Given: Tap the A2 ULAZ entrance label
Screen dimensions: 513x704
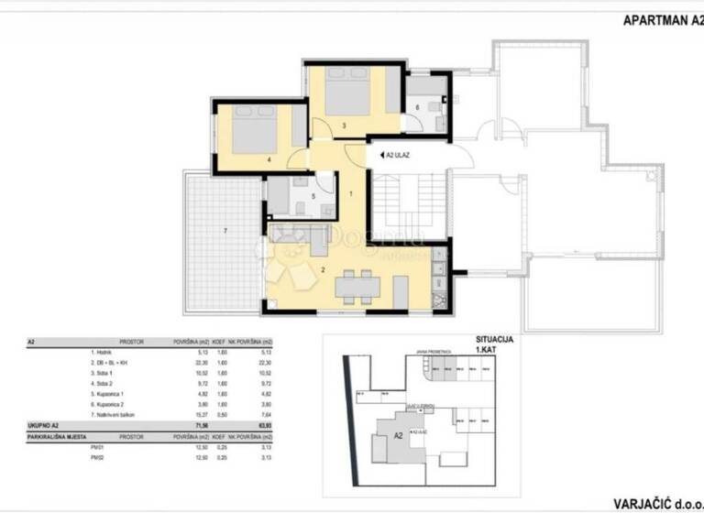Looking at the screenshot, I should [397, 155].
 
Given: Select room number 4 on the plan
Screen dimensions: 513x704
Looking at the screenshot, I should [269, 159].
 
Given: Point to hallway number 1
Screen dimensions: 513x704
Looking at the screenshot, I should [351, 194].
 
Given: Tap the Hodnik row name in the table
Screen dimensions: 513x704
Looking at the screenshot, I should [100, 352].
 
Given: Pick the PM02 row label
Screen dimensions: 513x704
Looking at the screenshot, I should [96, 457].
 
